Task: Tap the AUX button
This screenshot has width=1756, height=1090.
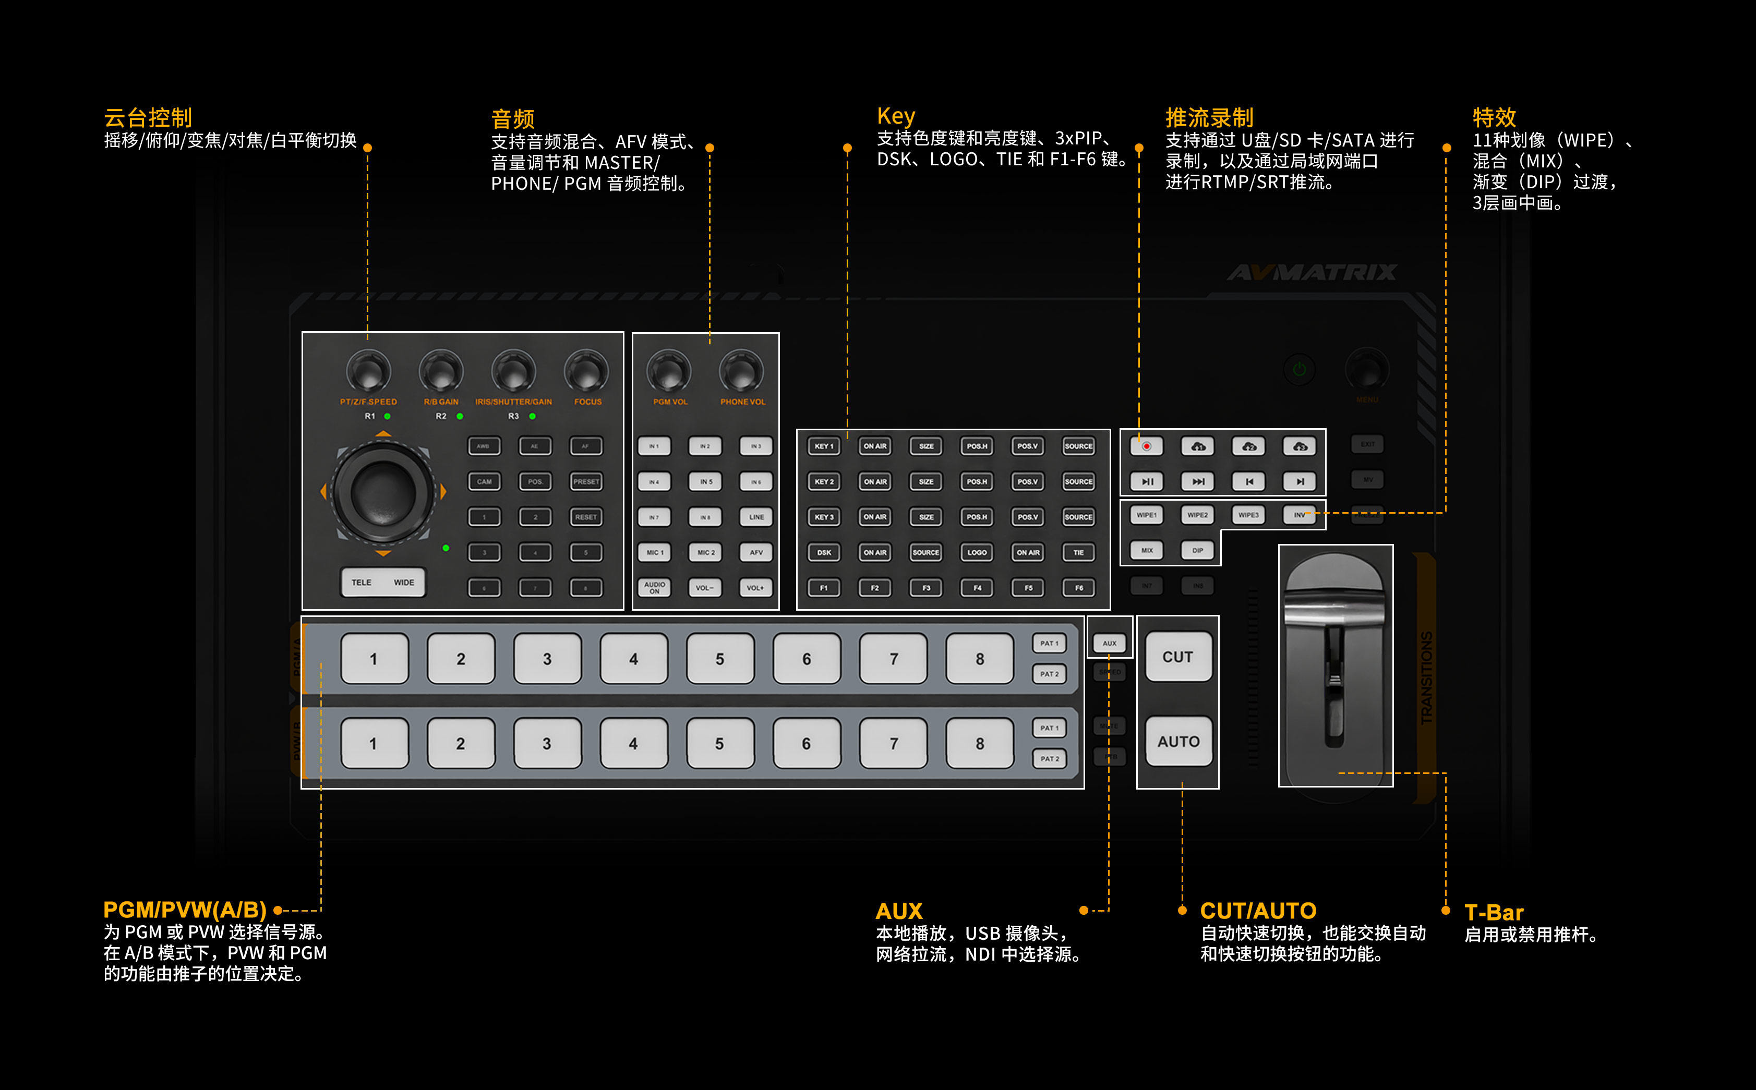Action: click(1109, 643)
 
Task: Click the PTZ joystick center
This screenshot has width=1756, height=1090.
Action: click(383, 492)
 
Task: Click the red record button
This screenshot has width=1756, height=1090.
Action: click(1147, 446)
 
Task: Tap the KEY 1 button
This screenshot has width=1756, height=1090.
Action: click(824, 446)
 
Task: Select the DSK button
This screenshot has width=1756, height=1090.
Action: click(824, 552)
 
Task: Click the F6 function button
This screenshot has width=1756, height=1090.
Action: click(1079, 588)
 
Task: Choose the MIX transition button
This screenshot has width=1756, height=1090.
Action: click(1147, 550)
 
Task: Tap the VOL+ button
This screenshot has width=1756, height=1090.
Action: click(755, 588)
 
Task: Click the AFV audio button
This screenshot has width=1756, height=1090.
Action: click(756, 552)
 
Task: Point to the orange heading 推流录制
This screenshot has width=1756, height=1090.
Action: click(1209, 117)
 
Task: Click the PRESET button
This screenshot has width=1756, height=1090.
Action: click(585, 481)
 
